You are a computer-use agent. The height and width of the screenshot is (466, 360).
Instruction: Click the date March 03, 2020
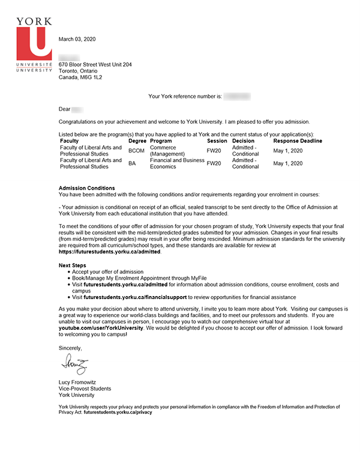77,39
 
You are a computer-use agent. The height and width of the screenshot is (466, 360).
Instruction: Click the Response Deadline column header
298,141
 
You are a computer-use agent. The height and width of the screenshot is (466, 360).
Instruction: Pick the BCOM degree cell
136,151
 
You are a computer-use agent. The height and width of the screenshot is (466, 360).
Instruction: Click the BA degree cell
132,163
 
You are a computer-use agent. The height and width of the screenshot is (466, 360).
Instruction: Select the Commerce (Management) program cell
168,151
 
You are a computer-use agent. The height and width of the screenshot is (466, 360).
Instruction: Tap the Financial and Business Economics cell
176,163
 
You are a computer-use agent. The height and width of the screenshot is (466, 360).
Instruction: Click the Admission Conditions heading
86,188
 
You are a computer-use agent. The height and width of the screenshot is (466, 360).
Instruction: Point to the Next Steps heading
73,265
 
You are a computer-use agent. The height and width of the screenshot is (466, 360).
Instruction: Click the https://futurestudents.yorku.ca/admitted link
110,252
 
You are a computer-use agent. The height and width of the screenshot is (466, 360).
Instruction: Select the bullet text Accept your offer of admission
108,272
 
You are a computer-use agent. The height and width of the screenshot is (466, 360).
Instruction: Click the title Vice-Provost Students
85,389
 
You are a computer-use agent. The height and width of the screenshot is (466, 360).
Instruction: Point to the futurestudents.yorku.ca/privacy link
118,413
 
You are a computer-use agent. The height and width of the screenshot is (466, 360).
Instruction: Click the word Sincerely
70,348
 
